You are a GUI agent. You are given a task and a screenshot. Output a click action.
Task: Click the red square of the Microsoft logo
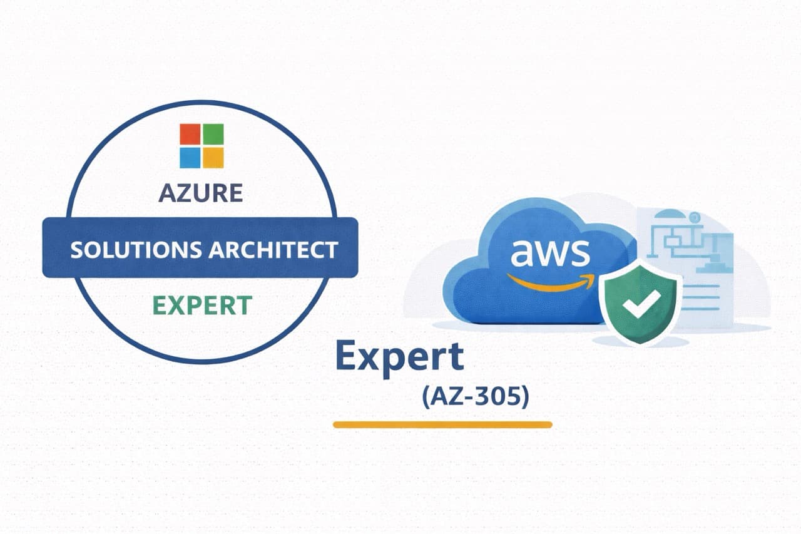tap(190, 134)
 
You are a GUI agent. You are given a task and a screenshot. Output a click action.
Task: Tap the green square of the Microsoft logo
tap(213, 134)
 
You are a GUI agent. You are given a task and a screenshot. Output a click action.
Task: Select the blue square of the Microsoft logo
tap(190, 157)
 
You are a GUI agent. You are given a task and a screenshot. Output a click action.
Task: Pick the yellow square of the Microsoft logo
tap(213, 157)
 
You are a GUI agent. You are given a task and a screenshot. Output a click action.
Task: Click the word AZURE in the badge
tap(200, 193)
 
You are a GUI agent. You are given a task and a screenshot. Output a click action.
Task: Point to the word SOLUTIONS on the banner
tap(135, 249)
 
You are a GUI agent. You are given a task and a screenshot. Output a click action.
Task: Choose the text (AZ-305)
tap(476, 397)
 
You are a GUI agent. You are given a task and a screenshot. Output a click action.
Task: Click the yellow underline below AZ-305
tap(442, 424)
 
